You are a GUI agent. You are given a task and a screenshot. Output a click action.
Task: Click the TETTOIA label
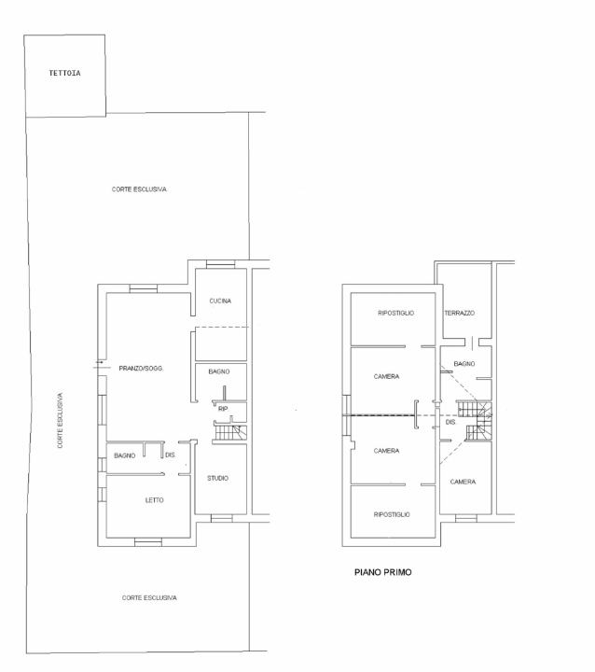tap(64, 73)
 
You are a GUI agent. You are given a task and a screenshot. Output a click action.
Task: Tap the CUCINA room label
tap(220, 301)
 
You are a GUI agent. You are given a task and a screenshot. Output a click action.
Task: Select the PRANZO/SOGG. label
tap(142, 368)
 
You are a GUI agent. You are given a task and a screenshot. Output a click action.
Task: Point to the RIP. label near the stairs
tap(223, 409)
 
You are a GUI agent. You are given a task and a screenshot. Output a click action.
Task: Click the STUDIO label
tap(218, 478)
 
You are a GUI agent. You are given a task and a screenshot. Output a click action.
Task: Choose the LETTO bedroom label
tap(154, 500)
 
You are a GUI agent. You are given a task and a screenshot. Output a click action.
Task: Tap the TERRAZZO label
tap(460, 314)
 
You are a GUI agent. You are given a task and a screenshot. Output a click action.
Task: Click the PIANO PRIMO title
tap(383, 572)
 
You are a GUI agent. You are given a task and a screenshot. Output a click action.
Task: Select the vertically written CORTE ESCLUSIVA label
tap(60, 420)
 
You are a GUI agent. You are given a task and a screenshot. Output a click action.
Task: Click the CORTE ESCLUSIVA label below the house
tap(149, 598)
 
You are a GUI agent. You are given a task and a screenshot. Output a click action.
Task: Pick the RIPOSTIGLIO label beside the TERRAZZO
tap(395, 314)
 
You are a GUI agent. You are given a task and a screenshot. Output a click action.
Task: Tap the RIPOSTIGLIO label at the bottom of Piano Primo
tap(392, 514)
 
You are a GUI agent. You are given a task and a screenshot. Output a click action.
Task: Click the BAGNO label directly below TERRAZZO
tap(464, 364)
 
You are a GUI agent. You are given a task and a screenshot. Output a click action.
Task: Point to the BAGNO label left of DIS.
tap(125, 455)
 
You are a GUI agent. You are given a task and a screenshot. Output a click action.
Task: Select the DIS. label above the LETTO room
tap(171, 455)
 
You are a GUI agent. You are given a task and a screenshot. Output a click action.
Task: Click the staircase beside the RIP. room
tap(230, 432)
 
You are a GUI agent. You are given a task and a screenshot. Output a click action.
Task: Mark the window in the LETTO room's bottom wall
tap(148, 542)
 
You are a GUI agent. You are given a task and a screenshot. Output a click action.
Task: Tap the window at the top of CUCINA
tap(220, 264)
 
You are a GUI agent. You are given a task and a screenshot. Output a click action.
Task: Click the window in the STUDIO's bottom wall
tap(222, 518)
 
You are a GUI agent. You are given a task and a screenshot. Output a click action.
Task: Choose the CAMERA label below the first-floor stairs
tap(464, 482)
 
